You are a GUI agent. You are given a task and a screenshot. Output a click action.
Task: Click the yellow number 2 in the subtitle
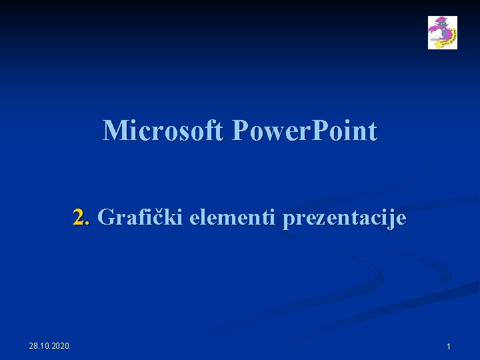tap(81, 217)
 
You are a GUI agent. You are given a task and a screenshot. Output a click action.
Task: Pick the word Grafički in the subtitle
tap(141, 217)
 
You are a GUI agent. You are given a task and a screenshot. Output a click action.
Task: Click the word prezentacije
tap(344, 218)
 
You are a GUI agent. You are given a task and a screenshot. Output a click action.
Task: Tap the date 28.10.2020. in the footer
tap(52, 345)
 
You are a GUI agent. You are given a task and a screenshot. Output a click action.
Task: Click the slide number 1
tap(449, 347)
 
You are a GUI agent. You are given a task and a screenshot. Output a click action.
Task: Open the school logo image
tap(442, 33)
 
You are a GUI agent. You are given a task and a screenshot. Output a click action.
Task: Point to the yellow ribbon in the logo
tap(450, 40)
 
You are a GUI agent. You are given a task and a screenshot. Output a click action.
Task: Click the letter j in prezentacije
tap(393, 219)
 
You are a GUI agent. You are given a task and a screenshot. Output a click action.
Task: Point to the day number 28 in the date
tap(34, 345)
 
